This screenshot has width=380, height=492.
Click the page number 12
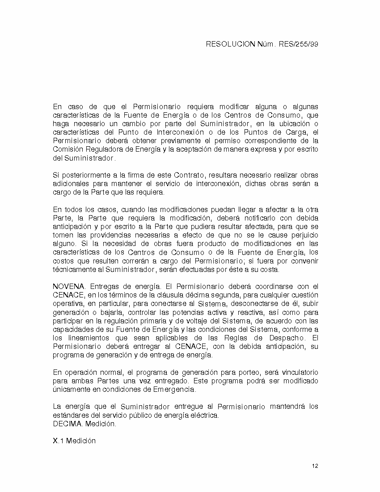(x=315, y=467)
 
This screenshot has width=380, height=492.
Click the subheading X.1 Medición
(x=74, y=441)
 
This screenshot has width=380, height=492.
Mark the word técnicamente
(x=74, y=270)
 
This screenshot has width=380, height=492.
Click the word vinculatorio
(x=298, y=372)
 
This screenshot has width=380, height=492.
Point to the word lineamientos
(x=86, y=338)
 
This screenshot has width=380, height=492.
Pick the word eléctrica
(x=205, y=415)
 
